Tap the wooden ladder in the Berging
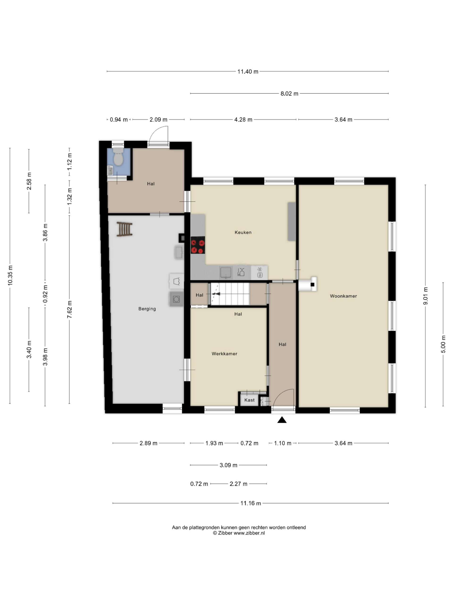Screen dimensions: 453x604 (x=125, y=229)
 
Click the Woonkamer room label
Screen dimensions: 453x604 (x=343, y=296)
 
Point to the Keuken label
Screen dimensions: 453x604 (x=243, y=232)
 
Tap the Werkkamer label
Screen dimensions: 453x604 (x=224, y=354)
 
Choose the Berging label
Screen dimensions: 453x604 (x=147, y=309)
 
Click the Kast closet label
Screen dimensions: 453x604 (x=249, y=400)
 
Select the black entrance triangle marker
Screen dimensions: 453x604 (x=282, y=420)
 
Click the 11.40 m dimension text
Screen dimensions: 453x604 (x=248, y=71)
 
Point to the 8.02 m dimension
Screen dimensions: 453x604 (x=289, y=94)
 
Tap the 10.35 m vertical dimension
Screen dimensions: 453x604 (x=10, y=276)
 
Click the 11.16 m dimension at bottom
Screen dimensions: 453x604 (x=251, y=503)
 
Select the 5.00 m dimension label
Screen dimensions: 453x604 (x=443, y=344)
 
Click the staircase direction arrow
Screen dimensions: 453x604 (x=216, y=294)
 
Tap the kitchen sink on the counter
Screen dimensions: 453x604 (x=226, y=273)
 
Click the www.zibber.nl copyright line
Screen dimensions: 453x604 (x=239, y=533)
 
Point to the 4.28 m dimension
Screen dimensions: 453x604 (x=243, y=120)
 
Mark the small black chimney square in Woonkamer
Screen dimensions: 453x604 (x=312, y=285)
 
